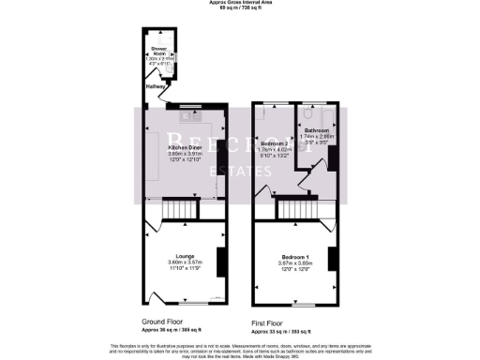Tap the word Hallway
[153, 86]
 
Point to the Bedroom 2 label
[273, 145]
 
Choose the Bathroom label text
[314, 130]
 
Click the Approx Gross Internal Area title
[240, 3]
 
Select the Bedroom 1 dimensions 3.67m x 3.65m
[295, 262]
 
